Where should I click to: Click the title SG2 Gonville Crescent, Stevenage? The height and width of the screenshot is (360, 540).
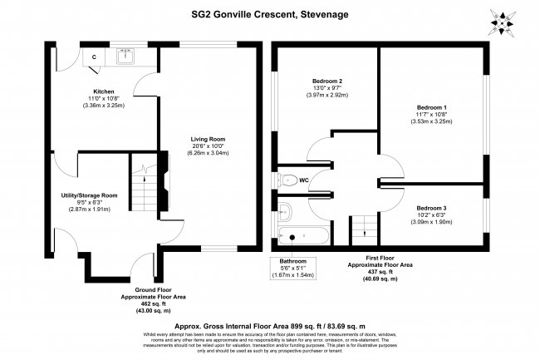(270, 14)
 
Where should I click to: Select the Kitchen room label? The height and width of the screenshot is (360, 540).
(103, 91)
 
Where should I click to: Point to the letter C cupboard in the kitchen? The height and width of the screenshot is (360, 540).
(94, 57)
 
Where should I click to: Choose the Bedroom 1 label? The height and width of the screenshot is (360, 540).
(432, 108)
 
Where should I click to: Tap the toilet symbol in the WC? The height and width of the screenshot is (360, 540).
(287, 179)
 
